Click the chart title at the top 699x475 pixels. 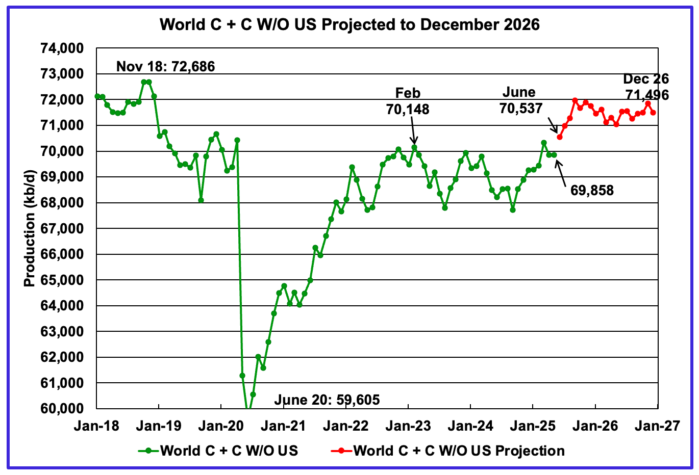349,24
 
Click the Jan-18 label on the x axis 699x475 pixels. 96,426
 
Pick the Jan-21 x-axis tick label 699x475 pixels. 284,426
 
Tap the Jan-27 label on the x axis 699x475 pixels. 658,426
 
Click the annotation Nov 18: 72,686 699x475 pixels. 166,66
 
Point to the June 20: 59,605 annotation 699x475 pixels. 327,400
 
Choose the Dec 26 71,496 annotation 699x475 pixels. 645,87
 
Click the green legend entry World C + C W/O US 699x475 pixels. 218,451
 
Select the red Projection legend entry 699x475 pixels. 448,451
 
